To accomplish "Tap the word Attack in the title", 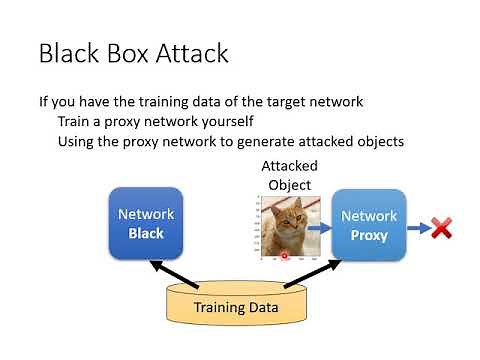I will (x=197, y=52).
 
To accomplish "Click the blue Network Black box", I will (x=146, y=224).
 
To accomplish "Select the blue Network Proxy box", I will (x=369, y=225).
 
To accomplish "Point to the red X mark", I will (x=441, y=229).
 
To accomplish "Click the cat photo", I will (x=286, y=226).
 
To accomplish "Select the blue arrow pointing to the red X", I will (x=417, y=229).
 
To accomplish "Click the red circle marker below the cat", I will (x=285, y=256).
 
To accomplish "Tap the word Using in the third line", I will (x=80, y=141).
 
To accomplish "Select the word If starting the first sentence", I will (x=44, y=101).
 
